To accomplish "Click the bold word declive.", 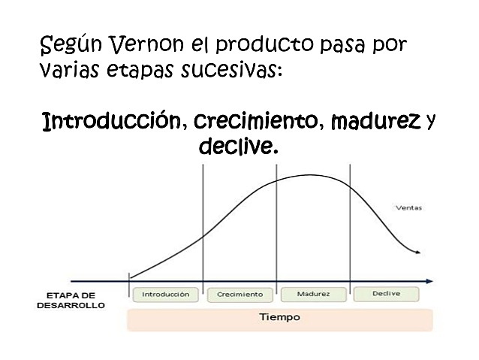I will tap(238, 146).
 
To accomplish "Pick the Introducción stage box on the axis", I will tap(166, 294).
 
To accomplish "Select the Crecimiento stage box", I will tap(239, 294).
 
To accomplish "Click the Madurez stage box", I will tap(313, 294).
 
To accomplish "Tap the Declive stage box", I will tap(386, 293).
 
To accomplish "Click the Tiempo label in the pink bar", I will tap(279, 317).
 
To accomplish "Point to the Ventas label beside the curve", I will tap(408, 207).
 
